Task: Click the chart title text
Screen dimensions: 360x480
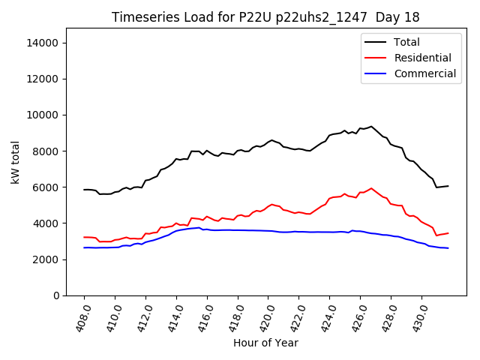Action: tap(265, 16)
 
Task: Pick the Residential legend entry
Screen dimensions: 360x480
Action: tap(422, 58)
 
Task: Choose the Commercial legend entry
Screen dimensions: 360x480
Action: tap(424, 73)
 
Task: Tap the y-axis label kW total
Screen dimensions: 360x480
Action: tap(16, 161)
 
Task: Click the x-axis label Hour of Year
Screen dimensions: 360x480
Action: tap(265, 343)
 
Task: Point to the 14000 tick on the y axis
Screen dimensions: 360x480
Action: tap(43, 43)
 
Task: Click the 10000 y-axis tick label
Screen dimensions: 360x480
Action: tap(43, 115)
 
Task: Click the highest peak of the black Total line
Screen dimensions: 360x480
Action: tap(371, 126)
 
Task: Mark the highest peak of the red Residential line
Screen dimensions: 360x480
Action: tap(371, 188)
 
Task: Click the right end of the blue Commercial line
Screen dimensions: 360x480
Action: tap(448, 248)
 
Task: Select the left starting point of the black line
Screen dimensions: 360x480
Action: tap(84, 190)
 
